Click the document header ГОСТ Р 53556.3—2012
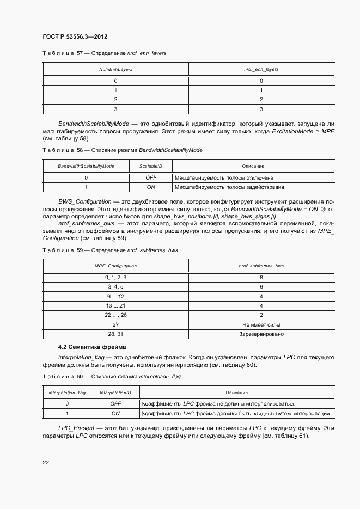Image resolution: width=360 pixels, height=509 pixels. (75, 36)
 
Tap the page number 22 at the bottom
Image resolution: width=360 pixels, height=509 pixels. (46, 463)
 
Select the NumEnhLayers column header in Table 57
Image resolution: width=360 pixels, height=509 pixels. (115, 70)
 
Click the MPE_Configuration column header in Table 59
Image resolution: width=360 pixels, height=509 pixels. (115, 266)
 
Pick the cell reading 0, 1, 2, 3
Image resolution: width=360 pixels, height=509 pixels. (115, 277)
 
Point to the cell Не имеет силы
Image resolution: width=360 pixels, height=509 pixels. (261, 324)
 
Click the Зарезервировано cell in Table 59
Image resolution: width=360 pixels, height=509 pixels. (261, 334)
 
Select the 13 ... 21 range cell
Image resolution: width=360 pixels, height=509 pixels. (115, 305)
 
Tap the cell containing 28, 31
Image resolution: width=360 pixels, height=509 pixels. (115, 334)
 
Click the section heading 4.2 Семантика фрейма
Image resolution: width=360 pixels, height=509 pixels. (92, 347)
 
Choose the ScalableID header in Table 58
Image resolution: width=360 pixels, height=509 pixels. (151, 166)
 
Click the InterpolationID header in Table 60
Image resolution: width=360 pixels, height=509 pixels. (115, 393)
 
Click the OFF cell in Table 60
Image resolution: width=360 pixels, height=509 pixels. (115, 404)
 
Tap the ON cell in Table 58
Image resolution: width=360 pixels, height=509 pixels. (151, 187)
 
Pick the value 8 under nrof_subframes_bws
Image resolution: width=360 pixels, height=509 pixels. (261, 277)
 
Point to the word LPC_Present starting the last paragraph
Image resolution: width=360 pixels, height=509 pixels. (76, 428)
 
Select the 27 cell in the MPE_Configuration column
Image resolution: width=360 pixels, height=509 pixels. (115, 324)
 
